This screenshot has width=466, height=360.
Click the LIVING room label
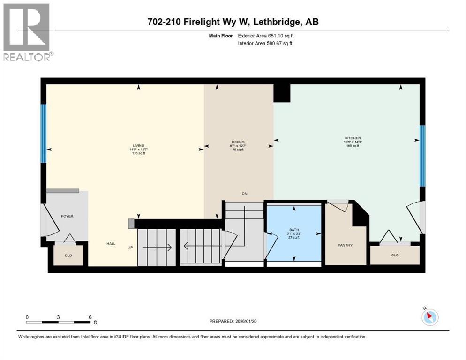point(138,145)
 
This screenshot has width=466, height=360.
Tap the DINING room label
point(238,142)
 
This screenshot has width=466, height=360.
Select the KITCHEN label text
point(353,138)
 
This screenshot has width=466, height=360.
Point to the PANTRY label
point(345,245)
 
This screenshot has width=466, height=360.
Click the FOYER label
point(68,216)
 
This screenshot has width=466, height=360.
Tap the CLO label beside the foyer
point(68,255)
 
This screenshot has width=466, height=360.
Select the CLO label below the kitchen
point(395,255)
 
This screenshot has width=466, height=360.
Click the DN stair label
point(244,193)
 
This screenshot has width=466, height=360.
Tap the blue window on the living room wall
point(44,133)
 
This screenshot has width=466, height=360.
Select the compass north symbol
point(429,317)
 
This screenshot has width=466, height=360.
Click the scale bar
point(59,322)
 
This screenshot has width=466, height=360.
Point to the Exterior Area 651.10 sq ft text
point(266,36)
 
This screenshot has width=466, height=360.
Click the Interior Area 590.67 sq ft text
point(266,44)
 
